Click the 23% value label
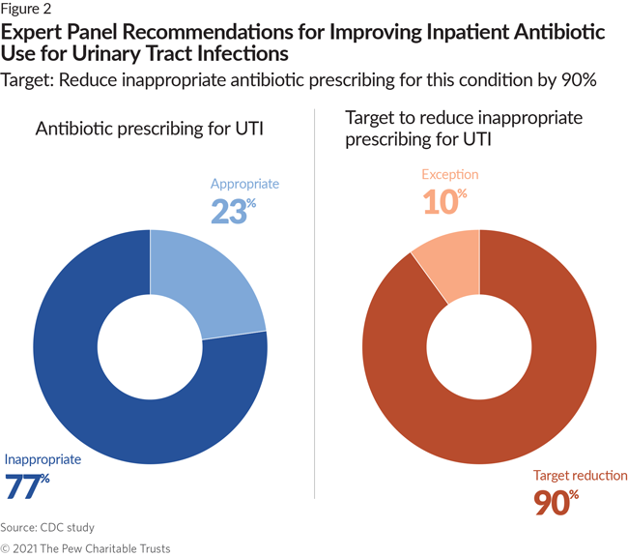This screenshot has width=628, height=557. tap(233, 211)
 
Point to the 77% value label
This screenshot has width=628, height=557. tap(27, 486)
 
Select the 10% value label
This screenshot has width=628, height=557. tap(444, 201)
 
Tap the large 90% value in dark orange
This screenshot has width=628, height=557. tap(557, 502)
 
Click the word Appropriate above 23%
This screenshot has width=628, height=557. tap(244, 184)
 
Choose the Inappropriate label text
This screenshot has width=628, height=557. tap(43, 459)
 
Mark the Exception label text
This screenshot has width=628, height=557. tap(450, 174)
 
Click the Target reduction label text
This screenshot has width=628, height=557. tap(581, 475)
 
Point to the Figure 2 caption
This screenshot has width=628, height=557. tap(26, 9)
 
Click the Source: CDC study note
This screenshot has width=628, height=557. tap(47, 527)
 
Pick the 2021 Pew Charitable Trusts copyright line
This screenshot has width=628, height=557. tap(85, 548)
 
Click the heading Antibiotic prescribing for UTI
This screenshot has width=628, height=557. tap(150, 129)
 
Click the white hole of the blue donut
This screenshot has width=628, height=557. tap(150, 347)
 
